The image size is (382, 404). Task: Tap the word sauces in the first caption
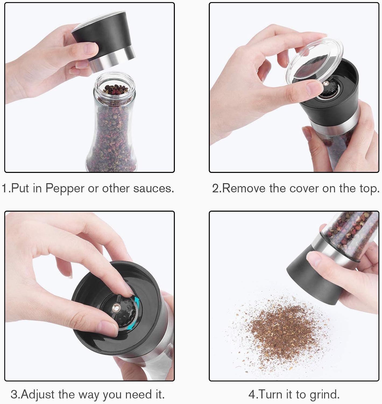(152, 188)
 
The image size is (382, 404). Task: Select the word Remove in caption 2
(244, 188)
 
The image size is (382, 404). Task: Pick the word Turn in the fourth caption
(268, 394)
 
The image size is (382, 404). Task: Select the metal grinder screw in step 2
(326, 84)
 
